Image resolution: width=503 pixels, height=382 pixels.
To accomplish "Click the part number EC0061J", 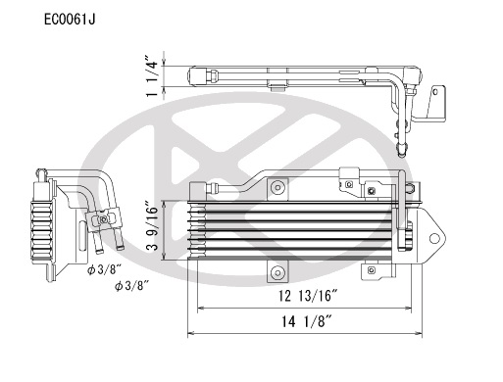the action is (70, 20).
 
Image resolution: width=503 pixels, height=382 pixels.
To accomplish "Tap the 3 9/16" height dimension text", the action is (153, 228).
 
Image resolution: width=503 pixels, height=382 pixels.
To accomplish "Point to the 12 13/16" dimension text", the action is (308, 296).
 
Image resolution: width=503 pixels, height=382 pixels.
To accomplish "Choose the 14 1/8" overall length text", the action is (307, 322).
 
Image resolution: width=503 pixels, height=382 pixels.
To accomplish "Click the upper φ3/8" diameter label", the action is (104, 269).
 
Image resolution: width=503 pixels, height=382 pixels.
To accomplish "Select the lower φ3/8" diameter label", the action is (131, 286).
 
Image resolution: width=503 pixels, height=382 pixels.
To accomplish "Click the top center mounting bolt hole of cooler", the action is (277, 188).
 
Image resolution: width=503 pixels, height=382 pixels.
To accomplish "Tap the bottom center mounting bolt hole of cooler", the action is (277, 272).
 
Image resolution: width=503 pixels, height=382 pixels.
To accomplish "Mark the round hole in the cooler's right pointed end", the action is (434, 238).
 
